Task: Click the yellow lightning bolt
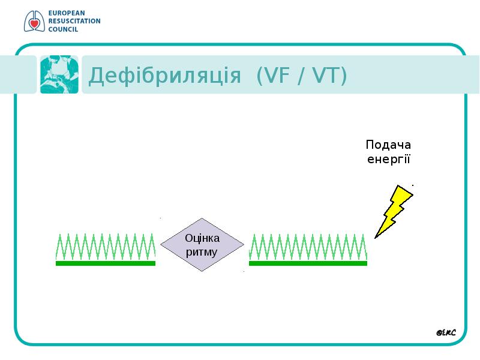click(x=394, y=211)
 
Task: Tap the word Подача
click(x=388, y=145)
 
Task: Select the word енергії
click(x=388, y=159)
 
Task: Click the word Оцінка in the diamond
click(x=202, y=238)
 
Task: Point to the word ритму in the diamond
click(x=202, y=252)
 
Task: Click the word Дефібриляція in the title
click(x=164, y=76)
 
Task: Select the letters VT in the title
click(x=325, y=76)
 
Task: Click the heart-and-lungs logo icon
click(x=34, y=21)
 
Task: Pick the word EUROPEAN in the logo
click(x=67, y=13)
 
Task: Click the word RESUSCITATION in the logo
click(x=74, y=21)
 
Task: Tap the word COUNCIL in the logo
click(x=63, y=29)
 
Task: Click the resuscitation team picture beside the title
click(x=59, y=74)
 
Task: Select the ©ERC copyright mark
click(x=446, y=332)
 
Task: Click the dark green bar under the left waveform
click(x=106, y=263)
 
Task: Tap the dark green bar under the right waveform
click(x=308, y=263)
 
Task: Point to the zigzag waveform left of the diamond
click(x=106, y=247)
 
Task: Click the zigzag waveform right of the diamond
click(x=308, y=247)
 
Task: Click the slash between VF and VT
click(x=301, y=76)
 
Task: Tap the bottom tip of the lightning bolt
click(x=376, y=238)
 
